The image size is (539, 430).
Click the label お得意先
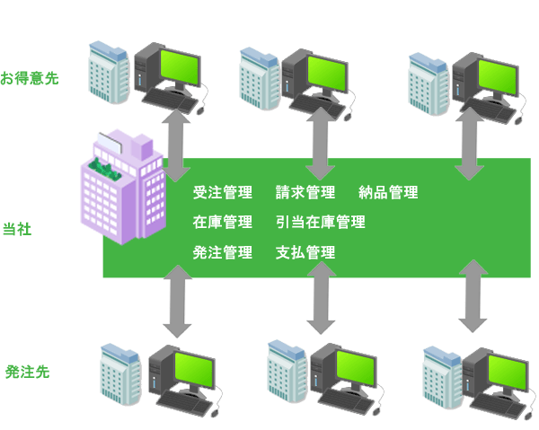[30, 78]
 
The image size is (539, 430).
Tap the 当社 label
[17, 229]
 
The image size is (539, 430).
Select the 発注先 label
[28, 372]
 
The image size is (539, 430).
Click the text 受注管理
[223, 192]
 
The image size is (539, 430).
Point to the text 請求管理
[305, 192]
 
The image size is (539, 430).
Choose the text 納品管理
[388, 192]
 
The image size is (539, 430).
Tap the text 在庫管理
[223, 223]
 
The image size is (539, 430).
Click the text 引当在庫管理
[321, 223]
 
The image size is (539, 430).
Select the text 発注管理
[223, 252]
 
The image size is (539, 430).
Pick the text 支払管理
[305, 252]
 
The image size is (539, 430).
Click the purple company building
[123, 188]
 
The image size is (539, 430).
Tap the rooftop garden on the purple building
[105, 169]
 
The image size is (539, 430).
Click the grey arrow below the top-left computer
[176, 145]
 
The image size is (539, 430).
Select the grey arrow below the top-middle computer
[321, 144]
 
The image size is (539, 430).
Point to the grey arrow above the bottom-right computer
[473, 296]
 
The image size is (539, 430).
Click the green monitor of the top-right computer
[499, 77]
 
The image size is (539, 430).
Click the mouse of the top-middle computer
[348, 117]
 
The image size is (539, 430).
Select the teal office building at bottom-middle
[287, 371]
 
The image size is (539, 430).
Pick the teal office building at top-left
[109, 72]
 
